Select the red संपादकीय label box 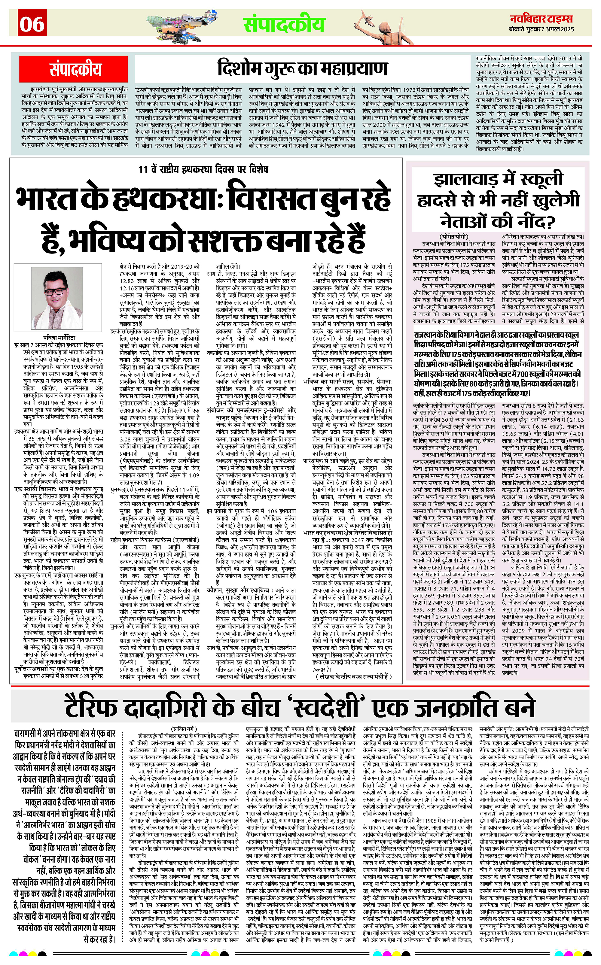[x=75, y=69]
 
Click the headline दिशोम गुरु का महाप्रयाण [x=302, y=69]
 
